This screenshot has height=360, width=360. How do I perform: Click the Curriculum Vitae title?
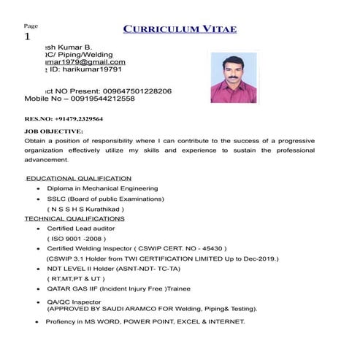[x=180, y=29]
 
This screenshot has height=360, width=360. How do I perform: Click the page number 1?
[x=28, y=37]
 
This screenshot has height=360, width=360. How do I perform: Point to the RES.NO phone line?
[x=64, y=118]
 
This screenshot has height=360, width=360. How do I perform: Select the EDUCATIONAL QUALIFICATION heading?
[x=79, y=178]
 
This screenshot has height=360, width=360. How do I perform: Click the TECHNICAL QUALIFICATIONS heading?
[x=74, y=218]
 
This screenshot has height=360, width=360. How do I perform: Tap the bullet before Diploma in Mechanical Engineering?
[x=37, y=188]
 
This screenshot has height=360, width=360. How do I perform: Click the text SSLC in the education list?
[x=56, y=199]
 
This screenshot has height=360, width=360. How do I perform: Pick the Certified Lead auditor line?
[x=81, y=229]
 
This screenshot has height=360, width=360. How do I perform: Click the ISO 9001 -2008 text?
[x=77, y=239]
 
